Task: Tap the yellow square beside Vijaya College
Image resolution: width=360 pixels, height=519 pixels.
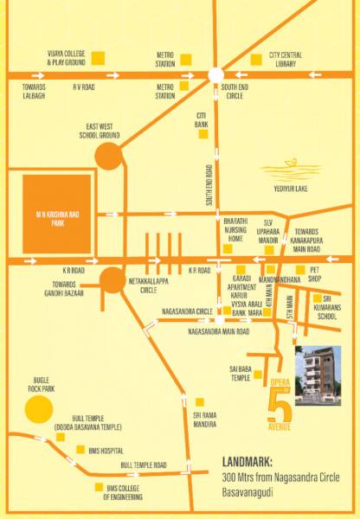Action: click(98, 58)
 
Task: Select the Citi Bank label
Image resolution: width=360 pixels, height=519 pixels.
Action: click(202, 119)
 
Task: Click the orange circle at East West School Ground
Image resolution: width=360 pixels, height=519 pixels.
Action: click(108, 157)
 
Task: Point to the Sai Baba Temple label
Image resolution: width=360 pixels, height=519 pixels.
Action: click(240, 373)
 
